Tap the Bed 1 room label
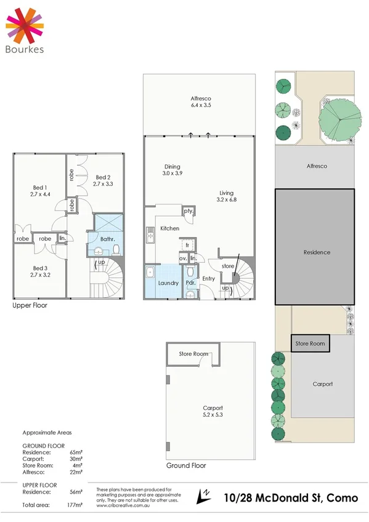(40, 187)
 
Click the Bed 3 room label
(40, 268)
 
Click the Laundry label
(168, 283)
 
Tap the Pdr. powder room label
(191, 283)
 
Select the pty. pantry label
(189, 212)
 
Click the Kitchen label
(170, 228)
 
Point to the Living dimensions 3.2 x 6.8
(227, 199)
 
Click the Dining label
(172, 166)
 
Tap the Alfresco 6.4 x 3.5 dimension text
(201, 106)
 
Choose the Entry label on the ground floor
(209, 279)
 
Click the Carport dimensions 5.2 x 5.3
(213, 416)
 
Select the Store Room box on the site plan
(310, 343)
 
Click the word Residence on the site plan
(317, 252)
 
